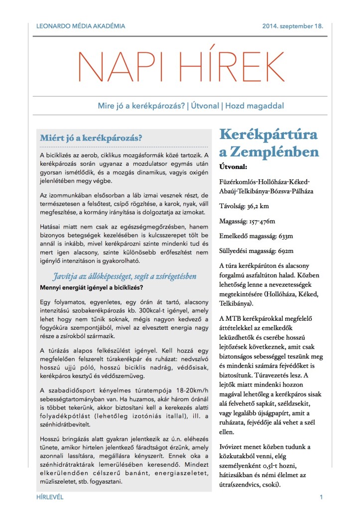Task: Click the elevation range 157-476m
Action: coord(267,221)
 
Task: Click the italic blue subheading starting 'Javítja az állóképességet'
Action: coord(124,276)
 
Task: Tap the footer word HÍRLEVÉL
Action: coord(50,498)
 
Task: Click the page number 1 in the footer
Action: coord(322,498)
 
